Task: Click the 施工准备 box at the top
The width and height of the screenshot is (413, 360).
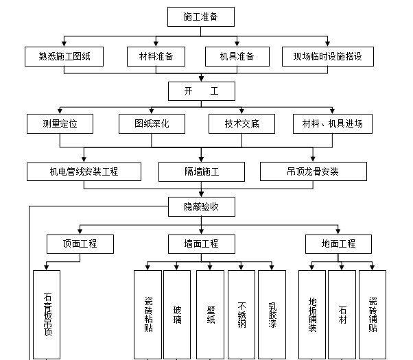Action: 201,16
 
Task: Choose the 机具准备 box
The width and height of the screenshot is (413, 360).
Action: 236,57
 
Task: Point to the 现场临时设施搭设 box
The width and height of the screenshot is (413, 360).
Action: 328,57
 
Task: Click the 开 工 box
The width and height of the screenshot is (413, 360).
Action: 201,91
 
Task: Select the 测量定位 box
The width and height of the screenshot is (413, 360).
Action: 60,124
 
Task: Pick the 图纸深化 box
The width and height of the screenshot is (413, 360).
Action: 152,124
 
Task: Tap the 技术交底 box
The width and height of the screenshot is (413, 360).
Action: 241,124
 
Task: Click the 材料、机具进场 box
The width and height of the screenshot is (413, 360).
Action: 333,124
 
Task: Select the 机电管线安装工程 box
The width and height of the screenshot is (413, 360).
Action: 84,171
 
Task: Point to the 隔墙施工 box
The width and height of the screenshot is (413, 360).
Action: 201,171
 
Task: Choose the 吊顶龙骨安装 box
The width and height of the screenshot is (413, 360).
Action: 313,171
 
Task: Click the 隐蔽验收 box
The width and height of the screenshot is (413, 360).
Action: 201,206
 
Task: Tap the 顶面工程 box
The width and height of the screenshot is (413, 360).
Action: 80,243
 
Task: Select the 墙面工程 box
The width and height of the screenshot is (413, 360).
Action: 201,243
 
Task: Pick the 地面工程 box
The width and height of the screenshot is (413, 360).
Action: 338,243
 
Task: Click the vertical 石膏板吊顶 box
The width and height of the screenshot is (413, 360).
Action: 48,314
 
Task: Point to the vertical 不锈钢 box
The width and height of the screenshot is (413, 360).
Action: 241,314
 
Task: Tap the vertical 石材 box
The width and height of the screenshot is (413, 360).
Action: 342,314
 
